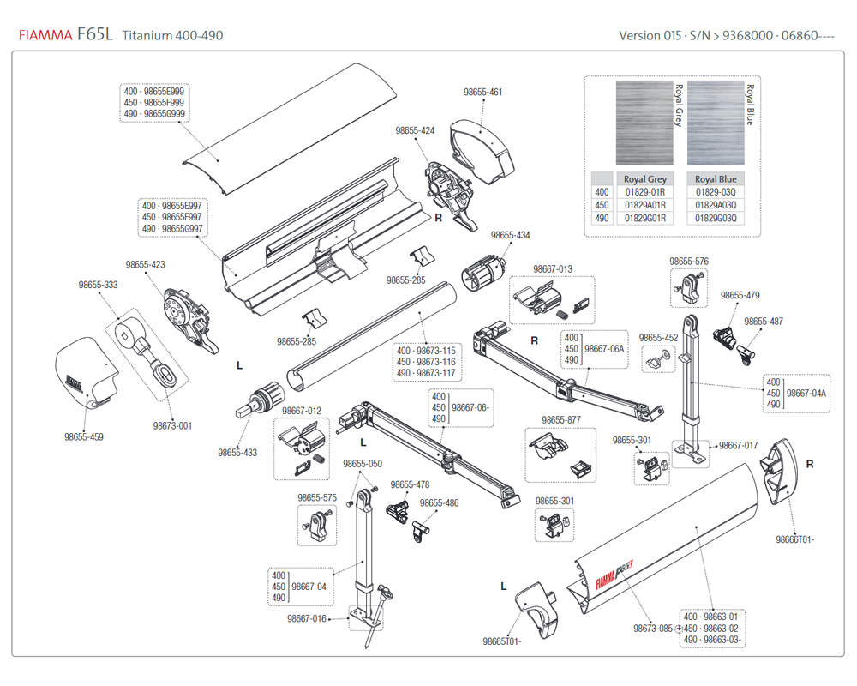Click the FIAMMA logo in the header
tap(45, 35)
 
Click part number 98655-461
tap(482, 93)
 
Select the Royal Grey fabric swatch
tap(644, 123)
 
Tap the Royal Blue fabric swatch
tap(716, 123)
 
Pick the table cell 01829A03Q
tap(716, 206)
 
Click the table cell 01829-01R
tap(645, 193)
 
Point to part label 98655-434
tap(510, 235)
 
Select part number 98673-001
tap(172, 425)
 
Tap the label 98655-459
tap(84, 436)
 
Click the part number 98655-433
tap(237, 452)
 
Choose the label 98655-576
tap(689, 261)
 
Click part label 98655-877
tap(561, 420)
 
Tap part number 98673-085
tap(653, 629)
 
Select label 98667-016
tap(306, 618)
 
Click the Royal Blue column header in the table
tap(716, 179)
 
